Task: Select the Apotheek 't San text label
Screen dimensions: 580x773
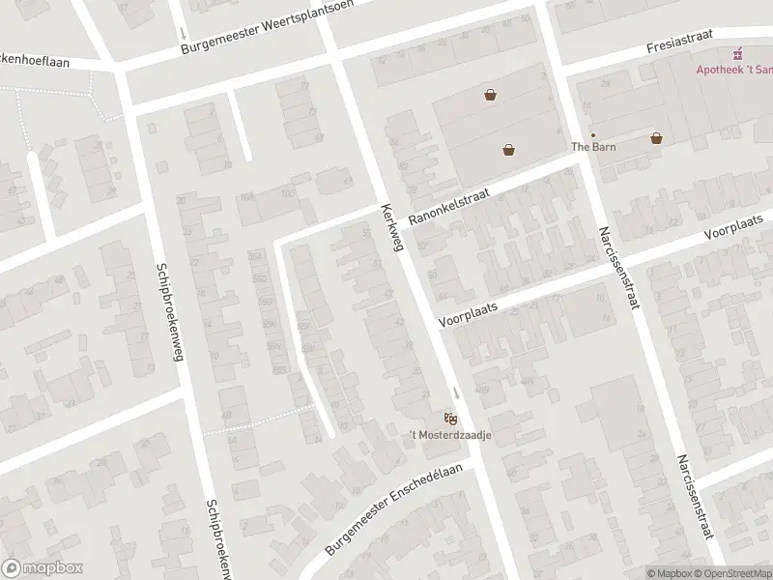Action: tap(735, 70)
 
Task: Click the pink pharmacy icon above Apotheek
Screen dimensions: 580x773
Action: tap(738, 53)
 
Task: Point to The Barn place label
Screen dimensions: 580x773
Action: tap(593, 147)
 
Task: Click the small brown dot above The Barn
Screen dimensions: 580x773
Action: tap(593, 135)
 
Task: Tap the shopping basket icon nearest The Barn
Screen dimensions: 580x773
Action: tap(657, 138)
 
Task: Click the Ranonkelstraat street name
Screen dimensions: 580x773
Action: tap(448, 207)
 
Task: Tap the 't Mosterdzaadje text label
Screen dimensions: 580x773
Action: tap(450, 435)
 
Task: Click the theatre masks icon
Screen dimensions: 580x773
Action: tap(450, 418)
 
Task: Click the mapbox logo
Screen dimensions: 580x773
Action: tap(43, 568)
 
